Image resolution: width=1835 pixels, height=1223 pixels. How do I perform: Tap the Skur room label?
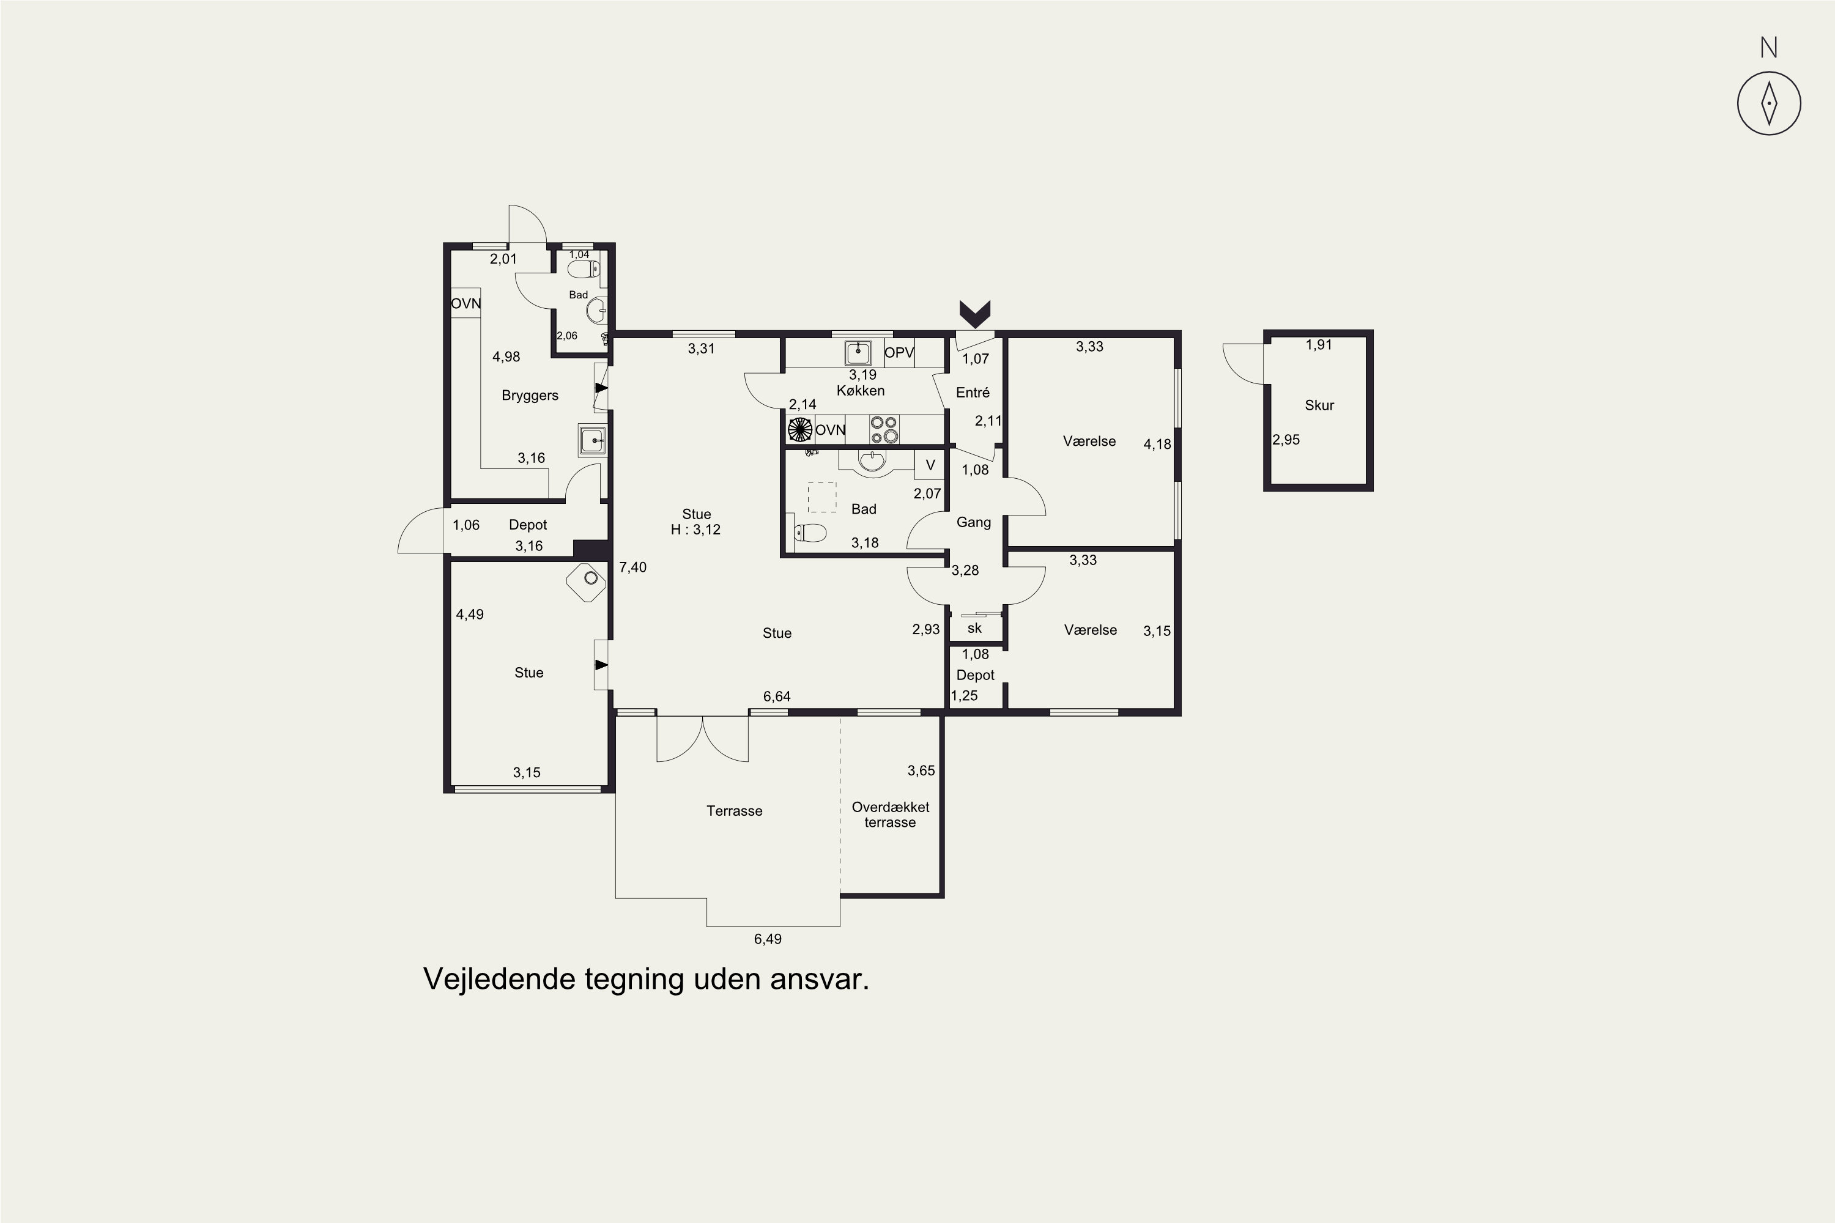[1319, 405]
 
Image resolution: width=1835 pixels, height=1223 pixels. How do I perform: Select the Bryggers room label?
[530, 396]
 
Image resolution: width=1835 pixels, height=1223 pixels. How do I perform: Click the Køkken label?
[861, 391]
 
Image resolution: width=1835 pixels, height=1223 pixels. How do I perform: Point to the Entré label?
[973, 393]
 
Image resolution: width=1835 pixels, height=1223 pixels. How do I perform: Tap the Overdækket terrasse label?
[890, 815]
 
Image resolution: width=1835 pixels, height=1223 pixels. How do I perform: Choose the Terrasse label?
[734, 811]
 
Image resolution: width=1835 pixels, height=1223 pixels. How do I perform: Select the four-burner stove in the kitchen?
[884, 430]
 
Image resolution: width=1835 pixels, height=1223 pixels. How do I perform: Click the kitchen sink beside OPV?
[858, 353]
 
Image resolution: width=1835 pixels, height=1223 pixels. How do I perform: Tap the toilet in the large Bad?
[809, 533]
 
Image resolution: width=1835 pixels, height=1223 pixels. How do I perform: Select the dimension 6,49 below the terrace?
[768, 939]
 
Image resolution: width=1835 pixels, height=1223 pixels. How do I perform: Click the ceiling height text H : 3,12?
[696, 530]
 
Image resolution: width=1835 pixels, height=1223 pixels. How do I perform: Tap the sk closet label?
[974, 629]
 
